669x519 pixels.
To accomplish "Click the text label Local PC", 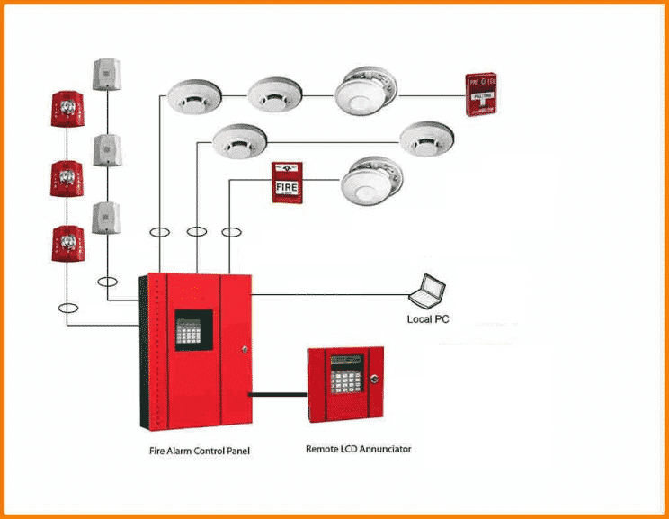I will pos(428,319).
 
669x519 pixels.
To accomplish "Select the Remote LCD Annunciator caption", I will pos(359,448).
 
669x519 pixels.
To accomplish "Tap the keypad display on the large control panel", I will pos(193,332).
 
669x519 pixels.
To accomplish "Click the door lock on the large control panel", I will pos(243,349).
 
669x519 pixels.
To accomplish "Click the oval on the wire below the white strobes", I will pos(109,282).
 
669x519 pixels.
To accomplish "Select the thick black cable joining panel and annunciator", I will pos(279,392).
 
